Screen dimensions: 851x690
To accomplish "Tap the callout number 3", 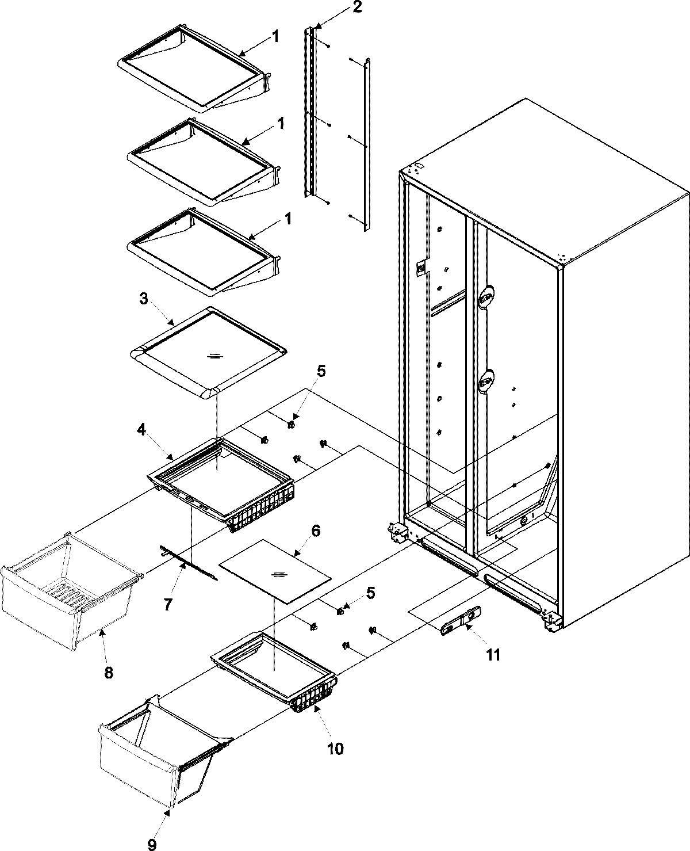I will point(144,299).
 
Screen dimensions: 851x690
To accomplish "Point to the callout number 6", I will point(316,530).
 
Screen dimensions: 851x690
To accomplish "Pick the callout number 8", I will point(108,671).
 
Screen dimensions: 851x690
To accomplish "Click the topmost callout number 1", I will point(275,37).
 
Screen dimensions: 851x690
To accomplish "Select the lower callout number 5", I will point(371,592).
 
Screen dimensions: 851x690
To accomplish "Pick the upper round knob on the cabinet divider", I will point(486,296).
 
